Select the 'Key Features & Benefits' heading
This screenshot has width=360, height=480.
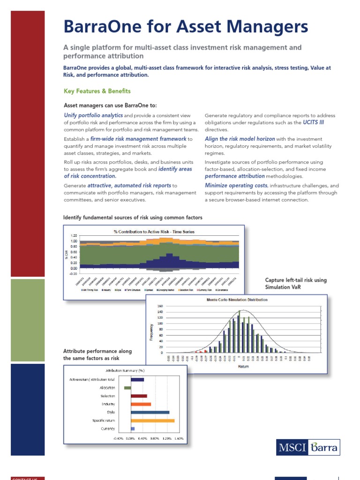coord(97,91)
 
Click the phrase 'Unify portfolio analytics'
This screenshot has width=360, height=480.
coord(93,115)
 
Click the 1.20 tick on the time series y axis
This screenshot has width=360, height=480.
coord(74,236)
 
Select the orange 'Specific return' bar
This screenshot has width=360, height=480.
coord(152,420)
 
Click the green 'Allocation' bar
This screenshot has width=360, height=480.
coord(127,388)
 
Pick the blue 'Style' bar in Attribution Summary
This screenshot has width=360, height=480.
coord(150,412)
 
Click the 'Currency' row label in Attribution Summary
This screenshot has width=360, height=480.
coord(108,429)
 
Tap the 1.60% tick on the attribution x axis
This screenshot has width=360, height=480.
coord(178,439)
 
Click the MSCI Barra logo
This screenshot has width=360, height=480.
coord(307,447)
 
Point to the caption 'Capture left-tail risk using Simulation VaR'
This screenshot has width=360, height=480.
coord(289,284)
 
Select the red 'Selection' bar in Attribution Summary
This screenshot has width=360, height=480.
coord(139,396)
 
